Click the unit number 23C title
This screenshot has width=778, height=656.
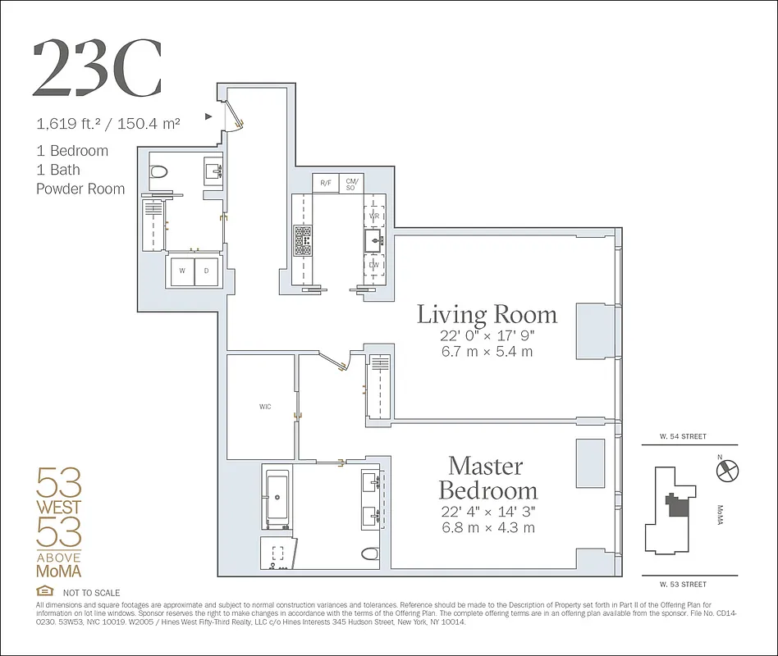(97, 68)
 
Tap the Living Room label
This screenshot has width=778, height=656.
(487, 314)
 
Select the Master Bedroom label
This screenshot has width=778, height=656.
(487, 478)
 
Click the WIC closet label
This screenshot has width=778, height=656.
(264, 406)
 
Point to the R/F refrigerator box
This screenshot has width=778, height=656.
(326, 182)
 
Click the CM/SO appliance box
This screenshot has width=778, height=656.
(352, 182)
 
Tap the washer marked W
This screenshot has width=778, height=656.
(181, 271)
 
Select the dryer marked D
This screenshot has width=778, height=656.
(207, 271)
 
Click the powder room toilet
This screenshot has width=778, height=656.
(160, 172)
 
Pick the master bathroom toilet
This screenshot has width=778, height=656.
(368, 553)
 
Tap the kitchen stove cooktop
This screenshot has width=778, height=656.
(301, 242)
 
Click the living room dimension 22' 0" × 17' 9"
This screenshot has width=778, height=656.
(487, 337)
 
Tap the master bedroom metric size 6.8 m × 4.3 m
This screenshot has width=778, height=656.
(487, 527)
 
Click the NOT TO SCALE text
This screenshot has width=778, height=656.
(91, 593)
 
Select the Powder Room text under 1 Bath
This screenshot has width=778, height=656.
(80, 189)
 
